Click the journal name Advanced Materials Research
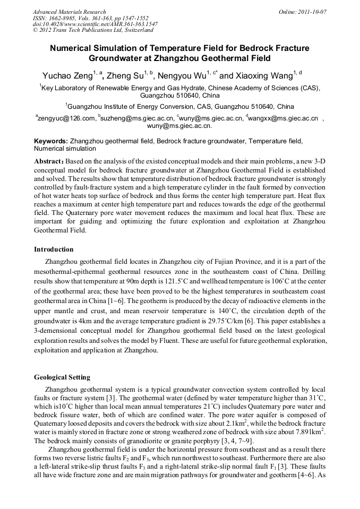tap(69, 12)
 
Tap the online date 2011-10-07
tap(312, 12)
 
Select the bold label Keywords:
tap(51, 141)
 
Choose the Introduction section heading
tap(54, 249)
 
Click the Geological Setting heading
tap(62, 377)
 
